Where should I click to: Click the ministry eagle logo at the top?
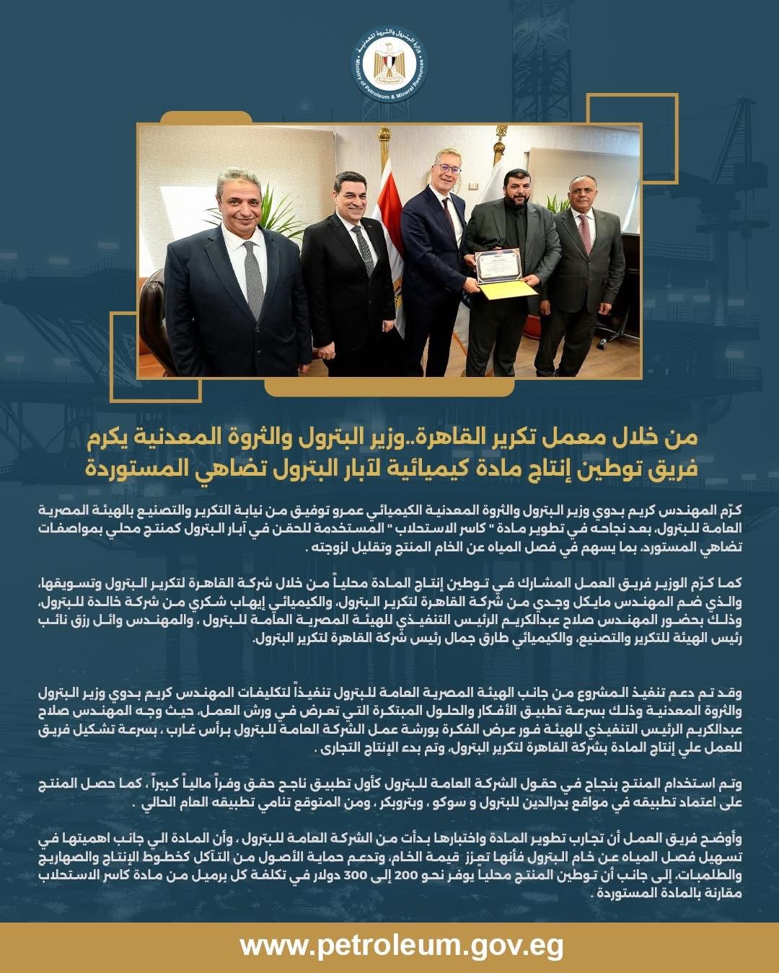tap(389, 65)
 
